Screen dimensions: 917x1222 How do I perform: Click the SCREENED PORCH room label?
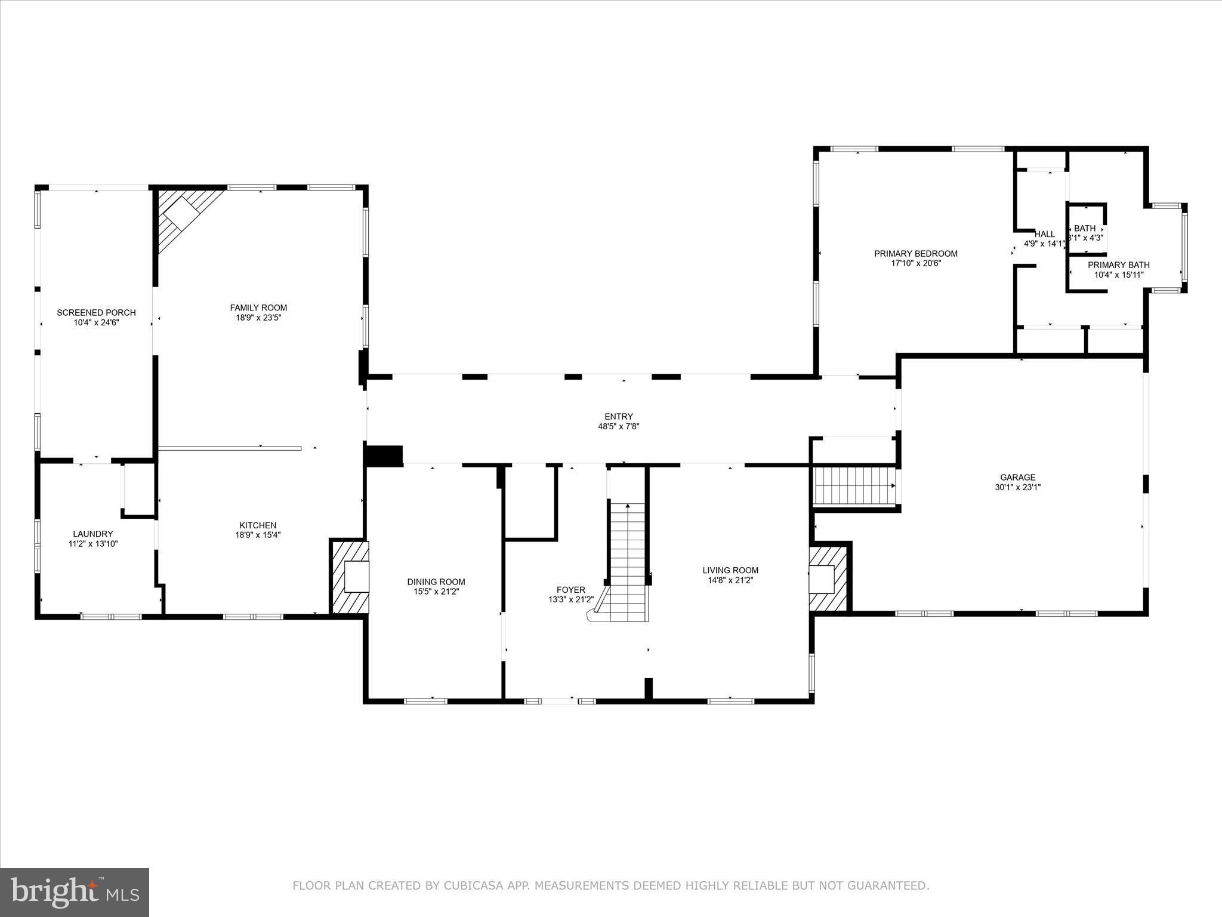[96, 312]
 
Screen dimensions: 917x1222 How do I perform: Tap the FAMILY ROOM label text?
[258, 307]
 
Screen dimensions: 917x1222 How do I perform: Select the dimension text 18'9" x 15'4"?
[258, 535]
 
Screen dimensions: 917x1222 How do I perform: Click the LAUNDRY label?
[93, 534]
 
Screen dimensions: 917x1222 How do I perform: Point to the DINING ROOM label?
[436, 581]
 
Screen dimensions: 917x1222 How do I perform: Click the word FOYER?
[571, 590]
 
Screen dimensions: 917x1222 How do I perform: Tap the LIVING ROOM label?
[730, 570]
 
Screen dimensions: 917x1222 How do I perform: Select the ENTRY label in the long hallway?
[619, 417]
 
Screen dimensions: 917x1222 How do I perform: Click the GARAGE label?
[1018, 477]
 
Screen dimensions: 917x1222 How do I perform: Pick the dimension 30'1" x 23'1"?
[1018, 487]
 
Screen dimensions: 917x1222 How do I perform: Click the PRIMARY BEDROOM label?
[916, 253]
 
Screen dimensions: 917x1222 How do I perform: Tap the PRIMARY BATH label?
[1119, 265]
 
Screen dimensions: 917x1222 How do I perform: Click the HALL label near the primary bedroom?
[1045, 234]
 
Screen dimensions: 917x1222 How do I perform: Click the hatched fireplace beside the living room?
[826, 578]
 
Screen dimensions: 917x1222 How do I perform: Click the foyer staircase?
[627, 561]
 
